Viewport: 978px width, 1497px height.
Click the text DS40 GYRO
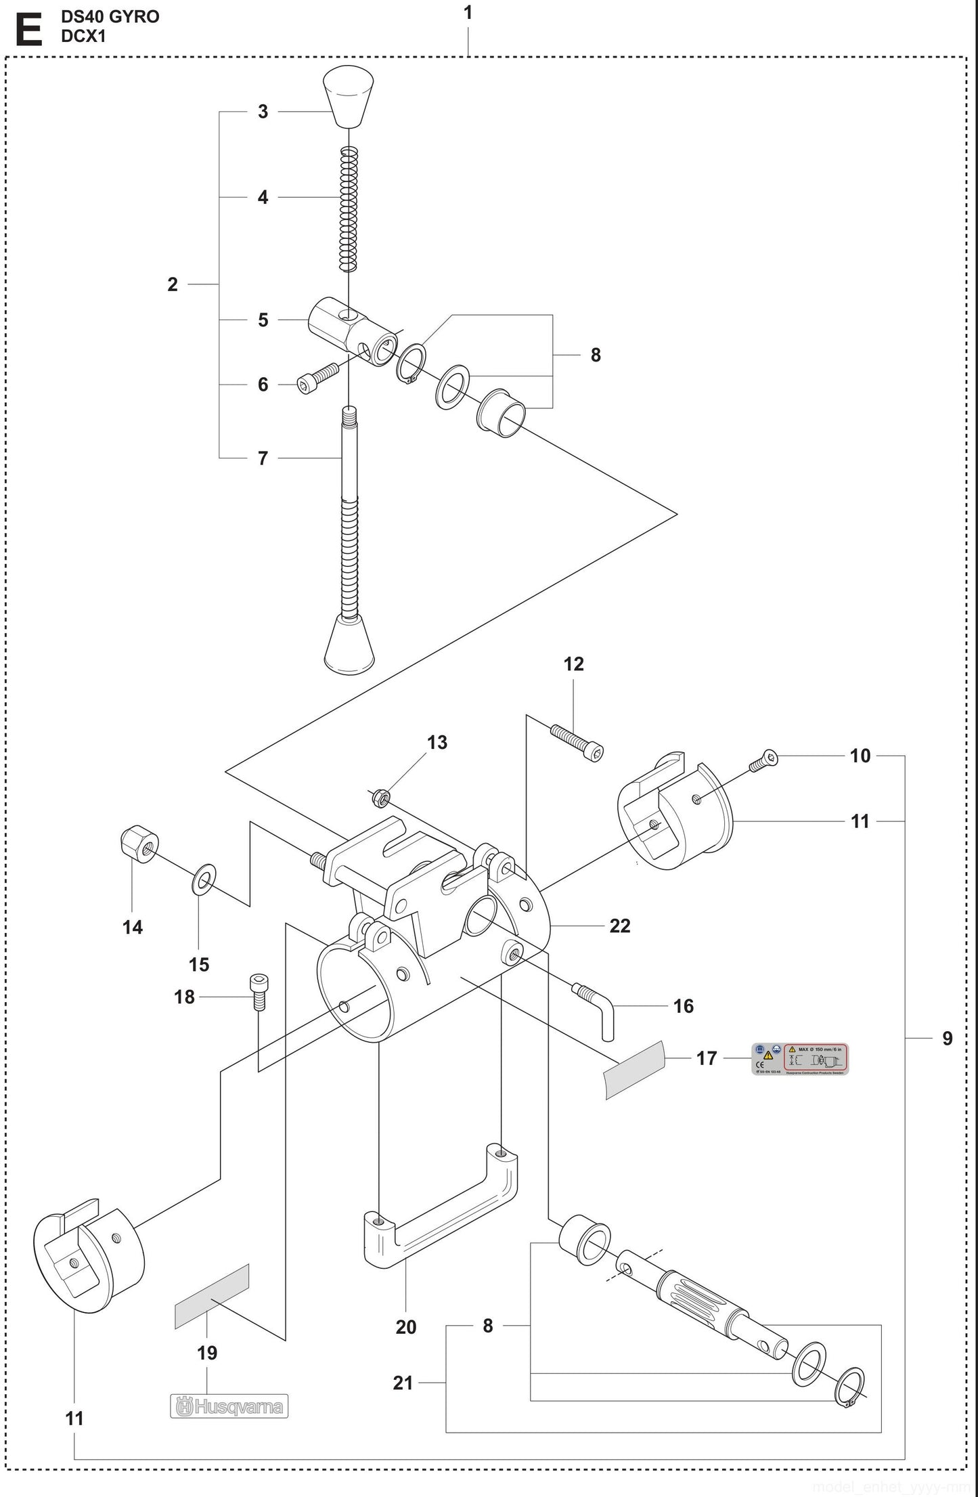tap(110, 17)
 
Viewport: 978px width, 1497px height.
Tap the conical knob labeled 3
tap(349, 97)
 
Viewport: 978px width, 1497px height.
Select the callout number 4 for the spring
tap(263, 197)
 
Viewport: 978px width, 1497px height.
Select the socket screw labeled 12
tap(577, 742)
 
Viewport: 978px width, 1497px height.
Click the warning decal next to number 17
tap(801, 1058)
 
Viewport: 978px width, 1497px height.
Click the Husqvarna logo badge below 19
tap(229, 1406)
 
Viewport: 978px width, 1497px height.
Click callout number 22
tap(619, 926)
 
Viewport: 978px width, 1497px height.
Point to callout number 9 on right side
tap(947, 1038)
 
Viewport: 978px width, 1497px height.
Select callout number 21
tap(403, 1382)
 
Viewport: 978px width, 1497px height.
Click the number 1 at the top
tap(468, 13)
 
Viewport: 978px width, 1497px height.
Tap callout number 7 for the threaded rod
tap(263, 458)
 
